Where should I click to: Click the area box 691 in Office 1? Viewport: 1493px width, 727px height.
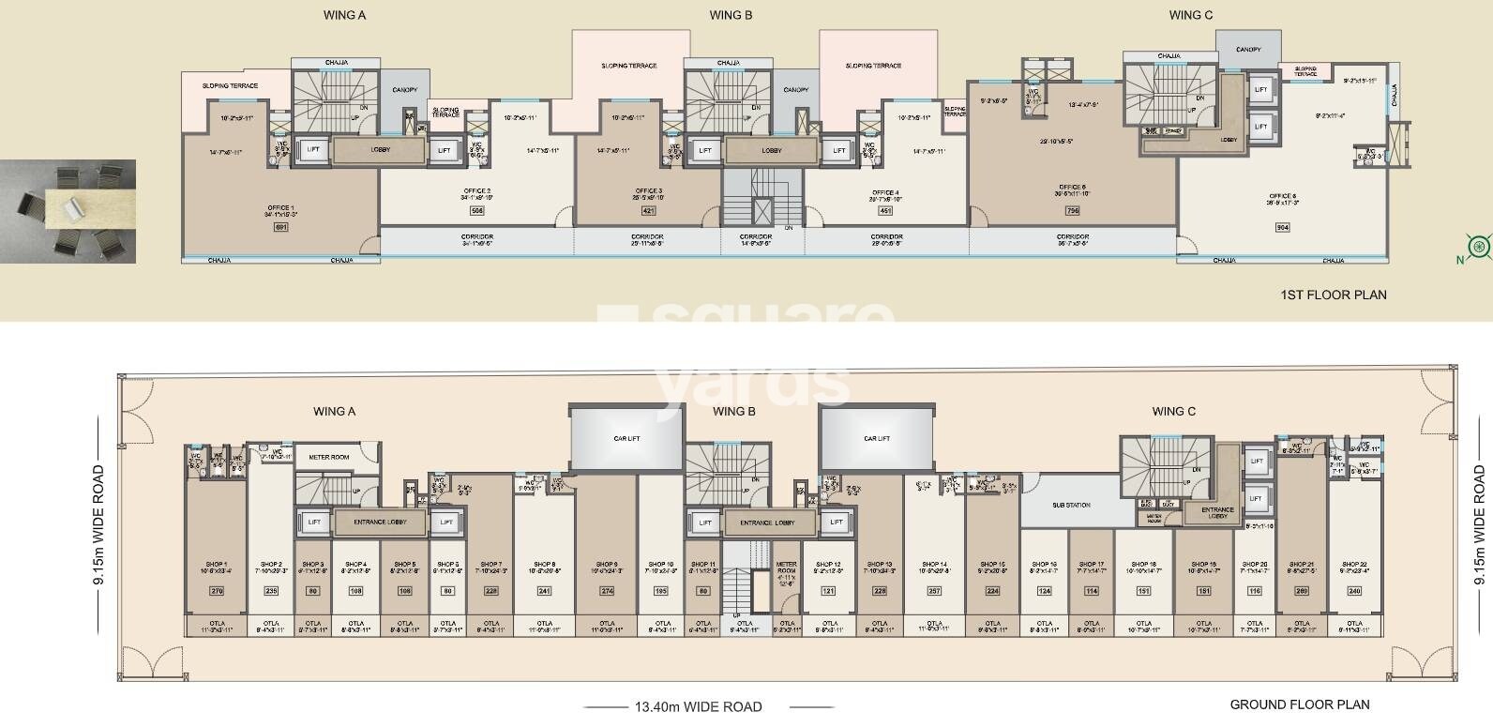click(279, 228)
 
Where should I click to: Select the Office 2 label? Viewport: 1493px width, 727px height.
click(476, 191)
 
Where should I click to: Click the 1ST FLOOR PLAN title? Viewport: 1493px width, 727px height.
click(1333, 295)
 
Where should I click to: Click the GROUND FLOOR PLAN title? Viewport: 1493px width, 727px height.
click(1300, 704)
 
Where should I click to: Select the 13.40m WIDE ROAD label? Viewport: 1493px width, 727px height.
click(698, 707)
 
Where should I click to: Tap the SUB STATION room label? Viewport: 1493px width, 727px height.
click(1071, 506)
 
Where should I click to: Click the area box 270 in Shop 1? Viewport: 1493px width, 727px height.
click(216, 591)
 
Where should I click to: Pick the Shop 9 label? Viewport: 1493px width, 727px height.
click(606, 565)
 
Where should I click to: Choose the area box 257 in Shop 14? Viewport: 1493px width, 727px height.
click(933, 591)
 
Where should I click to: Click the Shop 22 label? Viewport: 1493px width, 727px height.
click(1353, 565)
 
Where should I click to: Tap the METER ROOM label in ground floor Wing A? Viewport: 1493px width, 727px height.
click(328, 458)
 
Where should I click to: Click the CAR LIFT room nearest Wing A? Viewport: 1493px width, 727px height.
click(626, 438)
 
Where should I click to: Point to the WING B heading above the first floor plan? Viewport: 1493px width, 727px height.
click(731, 15)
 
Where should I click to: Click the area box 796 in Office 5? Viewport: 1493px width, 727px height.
click(1072, 211)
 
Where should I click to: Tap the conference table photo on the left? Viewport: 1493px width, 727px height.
click(68, 211)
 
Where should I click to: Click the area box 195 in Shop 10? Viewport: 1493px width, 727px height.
click(662, 591)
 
